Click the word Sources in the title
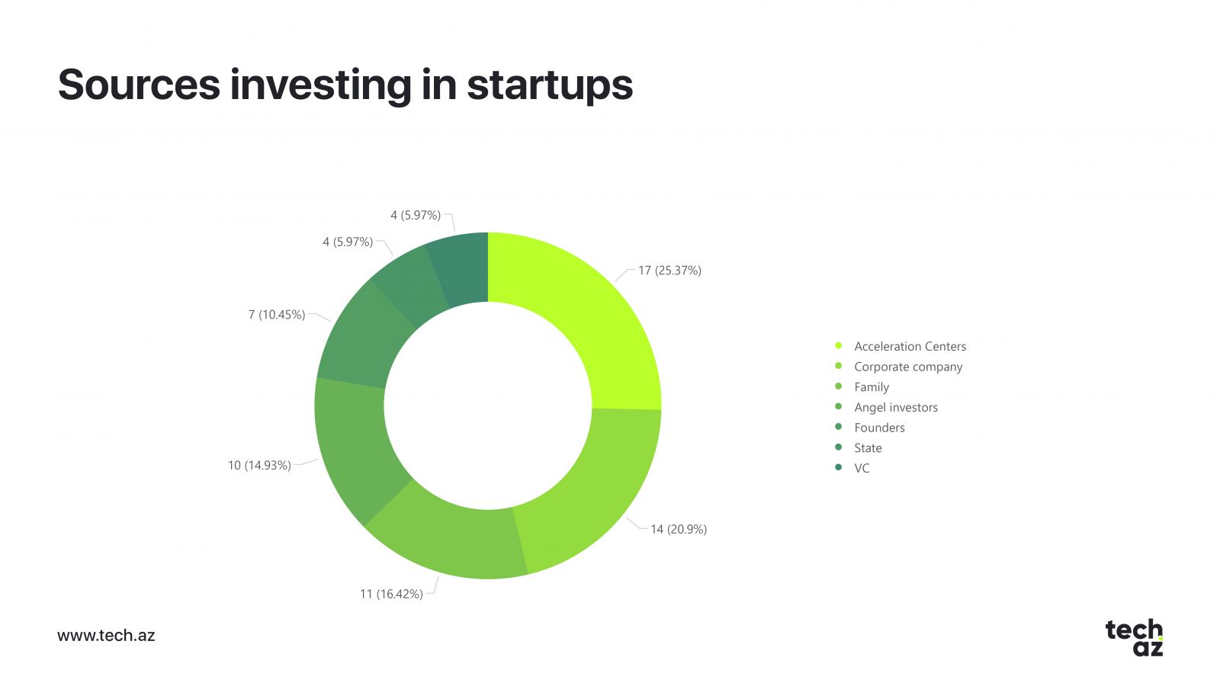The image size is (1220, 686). [x=139, y=85]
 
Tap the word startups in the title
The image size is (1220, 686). [x=550, y=86]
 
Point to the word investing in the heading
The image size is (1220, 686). [x=321, y=86]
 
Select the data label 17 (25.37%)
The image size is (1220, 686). [x=670, y=271]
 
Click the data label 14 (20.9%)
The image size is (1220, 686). [x=679, y=529]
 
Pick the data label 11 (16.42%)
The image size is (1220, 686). [x=391, y=594]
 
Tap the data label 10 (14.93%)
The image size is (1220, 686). [x=259, y=466]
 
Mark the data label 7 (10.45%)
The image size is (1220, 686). [x=277, y=315]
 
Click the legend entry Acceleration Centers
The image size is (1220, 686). [x=910, y=346]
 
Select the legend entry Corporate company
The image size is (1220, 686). [x=908, y=367]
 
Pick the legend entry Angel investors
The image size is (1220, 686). [x=896, y=407]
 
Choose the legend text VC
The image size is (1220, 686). [x=862, y=468]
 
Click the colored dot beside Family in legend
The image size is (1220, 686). [x=838, y=386]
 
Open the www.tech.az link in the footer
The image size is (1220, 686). [x=106, y=636]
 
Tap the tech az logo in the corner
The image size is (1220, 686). [x=1135, y=637]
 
